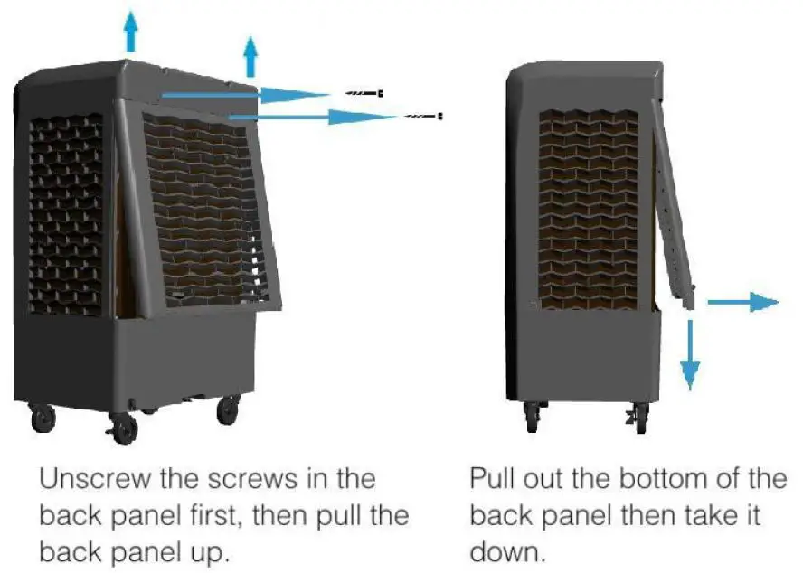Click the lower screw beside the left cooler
[x=423, y=116]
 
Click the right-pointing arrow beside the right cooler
[x=741, y=303]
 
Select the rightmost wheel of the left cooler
[x=228, y=409]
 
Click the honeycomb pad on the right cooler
[x=589, y=208]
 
